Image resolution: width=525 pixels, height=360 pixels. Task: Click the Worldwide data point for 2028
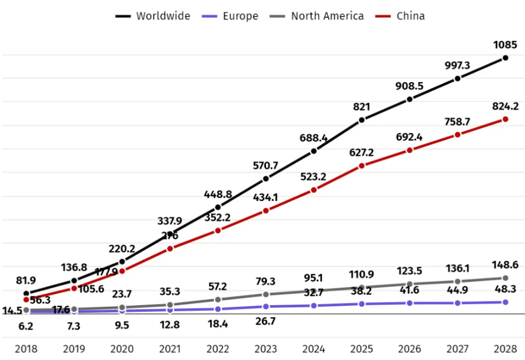pos(505,58)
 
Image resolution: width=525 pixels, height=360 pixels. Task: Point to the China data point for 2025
pos(362,166)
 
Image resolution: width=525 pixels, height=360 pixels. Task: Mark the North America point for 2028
pos(505,278)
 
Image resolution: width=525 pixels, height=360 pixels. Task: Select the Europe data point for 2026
pos(409,303)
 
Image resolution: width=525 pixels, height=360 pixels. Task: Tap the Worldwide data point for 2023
pos(266,178)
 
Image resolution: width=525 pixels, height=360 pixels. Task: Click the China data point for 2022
pos(218,230)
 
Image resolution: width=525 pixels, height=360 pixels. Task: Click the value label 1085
pos(505,44)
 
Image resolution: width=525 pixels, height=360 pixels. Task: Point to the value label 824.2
pos(505,106)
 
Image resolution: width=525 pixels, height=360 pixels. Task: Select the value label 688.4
pos(314,137)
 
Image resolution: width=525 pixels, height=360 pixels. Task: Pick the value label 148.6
pos(505,265)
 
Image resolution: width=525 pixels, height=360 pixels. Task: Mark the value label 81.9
pos(26,280)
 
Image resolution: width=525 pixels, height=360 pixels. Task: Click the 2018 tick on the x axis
pos(26,349)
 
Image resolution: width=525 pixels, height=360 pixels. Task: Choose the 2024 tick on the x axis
pos(314,349)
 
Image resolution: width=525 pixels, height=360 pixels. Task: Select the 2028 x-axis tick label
pos(505,349)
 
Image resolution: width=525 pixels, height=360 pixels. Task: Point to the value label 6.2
pos(26,326)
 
